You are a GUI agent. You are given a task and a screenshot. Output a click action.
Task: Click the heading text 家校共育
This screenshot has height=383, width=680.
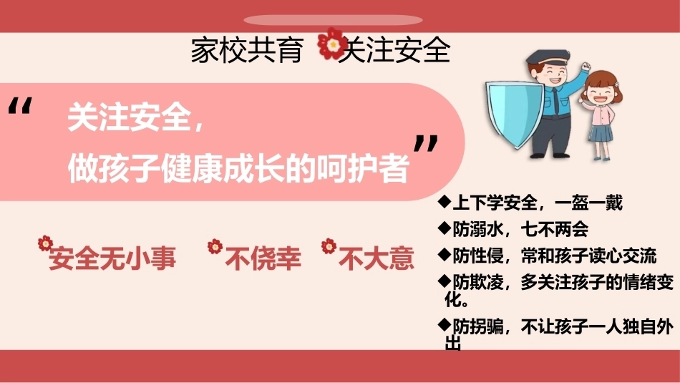246,50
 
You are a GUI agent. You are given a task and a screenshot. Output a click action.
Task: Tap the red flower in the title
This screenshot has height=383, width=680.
331,44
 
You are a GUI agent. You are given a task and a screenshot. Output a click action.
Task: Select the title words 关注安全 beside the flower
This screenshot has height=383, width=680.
394,50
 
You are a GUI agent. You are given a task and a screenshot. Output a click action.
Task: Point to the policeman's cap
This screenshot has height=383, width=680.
548,57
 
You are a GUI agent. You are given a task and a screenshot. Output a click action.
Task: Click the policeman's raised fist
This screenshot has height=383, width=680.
586,67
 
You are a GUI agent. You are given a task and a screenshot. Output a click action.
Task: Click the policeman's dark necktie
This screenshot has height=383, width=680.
555,101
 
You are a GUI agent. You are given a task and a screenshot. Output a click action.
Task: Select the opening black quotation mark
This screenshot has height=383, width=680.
20,106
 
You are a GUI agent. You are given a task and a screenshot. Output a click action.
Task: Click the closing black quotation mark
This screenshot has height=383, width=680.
425,144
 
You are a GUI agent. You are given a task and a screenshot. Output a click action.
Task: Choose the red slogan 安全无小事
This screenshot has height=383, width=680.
112,258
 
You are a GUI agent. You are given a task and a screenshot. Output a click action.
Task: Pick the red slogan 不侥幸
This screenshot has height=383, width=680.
263,258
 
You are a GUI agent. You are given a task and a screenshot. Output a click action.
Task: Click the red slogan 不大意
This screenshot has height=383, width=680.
376,258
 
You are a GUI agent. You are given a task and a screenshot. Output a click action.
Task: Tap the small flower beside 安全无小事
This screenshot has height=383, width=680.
45,243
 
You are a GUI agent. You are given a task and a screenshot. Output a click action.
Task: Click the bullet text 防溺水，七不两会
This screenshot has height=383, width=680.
520,229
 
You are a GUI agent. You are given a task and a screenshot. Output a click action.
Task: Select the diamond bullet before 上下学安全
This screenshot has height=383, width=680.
445,201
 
